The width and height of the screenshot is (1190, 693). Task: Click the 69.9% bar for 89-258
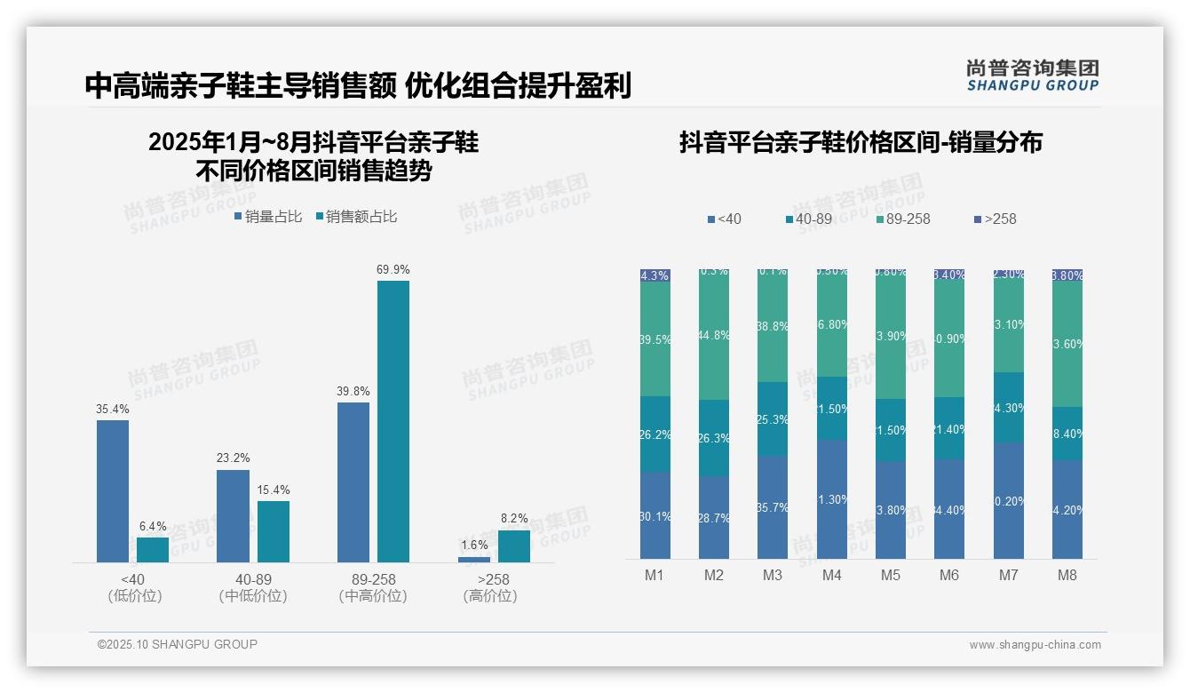pos(393,421)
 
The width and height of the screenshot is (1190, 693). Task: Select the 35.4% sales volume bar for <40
pos(113,490)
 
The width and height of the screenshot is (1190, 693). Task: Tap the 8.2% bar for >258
pos(513,546)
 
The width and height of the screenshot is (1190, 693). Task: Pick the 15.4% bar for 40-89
pos(274,531)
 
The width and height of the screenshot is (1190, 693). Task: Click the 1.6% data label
pos(474,545)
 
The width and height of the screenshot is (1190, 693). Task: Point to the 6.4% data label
pos(153,526)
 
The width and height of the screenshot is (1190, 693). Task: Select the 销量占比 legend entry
pos(268,216)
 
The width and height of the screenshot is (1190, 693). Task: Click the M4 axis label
pos(831,575)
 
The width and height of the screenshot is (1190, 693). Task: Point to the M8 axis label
pos(1067,575)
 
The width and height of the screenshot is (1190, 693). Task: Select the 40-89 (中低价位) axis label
pos(253,587)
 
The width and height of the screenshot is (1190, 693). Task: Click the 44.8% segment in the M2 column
pos(714,336)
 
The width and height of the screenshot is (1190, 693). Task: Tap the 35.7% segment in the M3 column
pos(773,507)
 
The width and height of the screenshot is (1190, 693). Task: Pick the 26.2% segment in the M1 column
pos(655,434)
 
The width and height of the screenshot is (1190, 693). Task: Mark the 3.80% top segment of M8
pos(1067,275)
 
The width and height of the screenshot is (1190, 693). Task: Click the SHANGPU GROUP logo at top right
pos(1032,76)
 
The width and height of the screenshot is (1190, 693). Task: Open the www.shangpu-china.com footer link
pos(1035,645)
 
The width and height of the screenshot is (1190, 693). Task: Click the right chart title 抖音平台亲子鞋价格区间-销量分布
pos(861,142)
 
